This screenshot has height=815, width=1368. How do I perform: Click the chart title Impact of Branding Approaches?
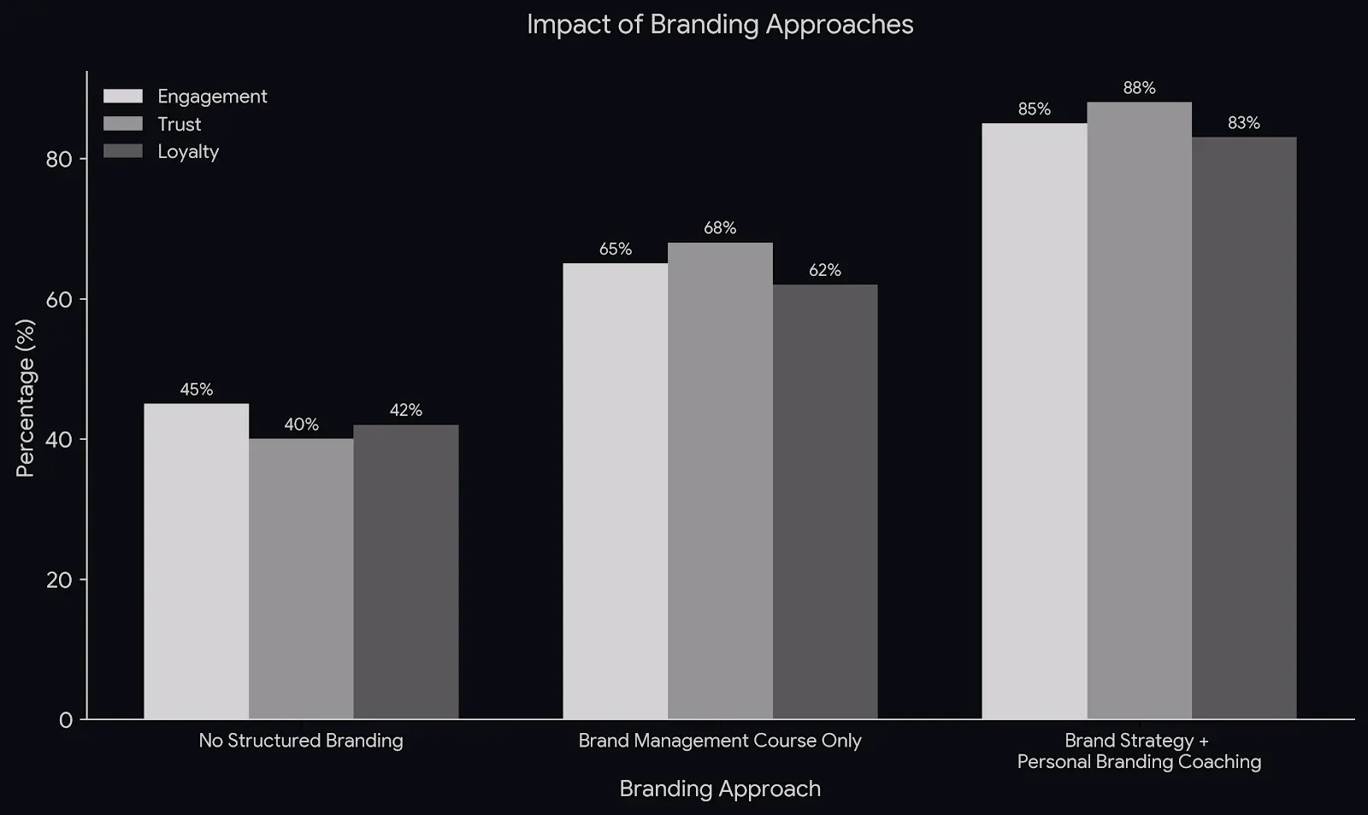(x=720, y=25)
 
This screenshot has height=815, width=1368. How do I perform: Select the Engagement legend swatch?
(x=123, y=97)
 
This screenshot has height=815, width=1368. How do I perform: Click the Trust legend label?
(x=179, y=125)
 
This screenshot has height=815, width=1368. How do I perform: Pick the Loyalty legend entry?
(x=187, y=152)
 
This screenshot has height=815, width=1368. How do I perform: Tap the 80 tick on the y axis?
(x=59, y=160)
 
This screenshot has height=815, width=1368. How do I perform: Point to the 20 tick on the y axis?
(x=59, y=580)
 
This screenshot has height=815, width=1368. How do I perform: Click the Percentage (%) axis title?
(x=26, y=398)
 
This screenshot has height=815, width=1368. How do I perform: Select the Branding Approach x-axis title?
(x=720, y=789)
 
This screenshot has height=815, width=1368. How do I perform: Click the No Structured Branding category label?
(x=301, y=741)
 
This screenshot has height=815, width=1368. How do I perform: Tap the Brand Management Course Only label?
(x=720, y=741)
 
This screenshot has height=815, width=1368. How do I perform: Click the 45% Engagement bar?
(x=196, y=561)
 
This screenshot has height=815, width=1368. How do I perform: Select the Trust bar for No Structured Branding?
(x=301, y=578)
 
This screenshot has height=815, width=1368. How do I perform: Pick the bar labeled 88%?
(x=1139, y=410)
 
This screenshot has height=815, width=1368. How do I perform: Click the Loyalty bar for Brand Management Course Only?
(x=825, y=501)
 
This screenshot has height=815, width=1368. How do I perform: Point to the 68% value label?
(x=720, y=228)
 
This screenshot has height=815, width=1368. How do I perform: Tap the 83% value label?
(x=1244, y=123)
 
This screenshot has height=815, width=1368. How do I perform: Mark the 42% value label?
(x=406, y=410)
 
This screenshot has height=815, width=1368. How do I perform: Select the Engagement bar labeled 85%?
(x=1035, y=421)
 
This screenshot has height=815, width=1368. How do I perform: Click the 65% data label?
(x=616, y=249)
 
